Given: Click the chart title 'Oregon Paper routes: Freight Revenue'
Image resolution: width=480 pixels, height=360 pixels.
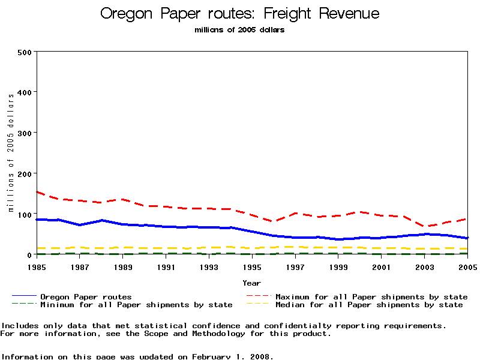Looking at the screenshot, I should coord(240,13).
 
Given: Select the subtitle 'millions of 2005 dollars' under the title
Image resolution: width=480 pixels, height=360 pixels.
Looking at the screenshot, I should coord(240,30).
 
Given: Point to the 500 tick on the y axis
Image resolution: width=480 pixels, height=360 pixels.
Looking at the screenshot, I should coord(24,52).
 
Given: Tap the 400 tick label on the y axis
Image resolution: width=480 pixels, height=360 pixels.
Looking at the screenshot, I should coord(24,92).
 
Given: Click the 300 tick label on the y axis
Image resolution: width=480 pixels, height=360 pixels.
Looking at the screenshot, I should coord(24,133).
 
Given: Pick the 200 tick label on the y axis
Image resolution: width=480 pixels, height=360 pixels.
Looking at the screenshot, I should coord(24,173).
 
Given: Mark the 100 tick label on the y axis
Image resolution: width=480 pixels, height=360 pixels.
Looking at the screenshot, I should coord(24,214).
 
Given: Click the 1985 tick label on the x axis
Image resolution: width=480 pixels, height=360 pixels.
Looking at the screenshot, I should coord(37,266).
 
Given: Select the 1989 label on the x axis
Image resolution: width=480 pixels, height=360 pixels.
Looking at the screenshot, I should coord(123,266).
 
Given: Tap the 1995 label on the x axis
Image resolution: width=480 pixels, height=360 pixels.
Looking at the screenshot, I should coord(252,266).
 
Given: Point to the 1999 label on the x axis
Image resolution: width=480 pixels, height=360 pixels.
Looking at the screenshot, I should coord(338,266).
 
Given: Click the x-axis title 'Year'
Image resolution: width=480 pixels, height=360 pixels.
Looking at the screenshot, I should coord(251,283).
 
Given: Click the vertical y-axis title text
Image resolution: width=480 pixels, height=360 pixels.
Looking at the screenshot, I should coord(11,154).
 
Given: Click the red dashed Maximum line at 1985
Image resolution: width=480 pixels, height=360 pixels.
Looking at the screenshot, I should coord(38,192).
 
